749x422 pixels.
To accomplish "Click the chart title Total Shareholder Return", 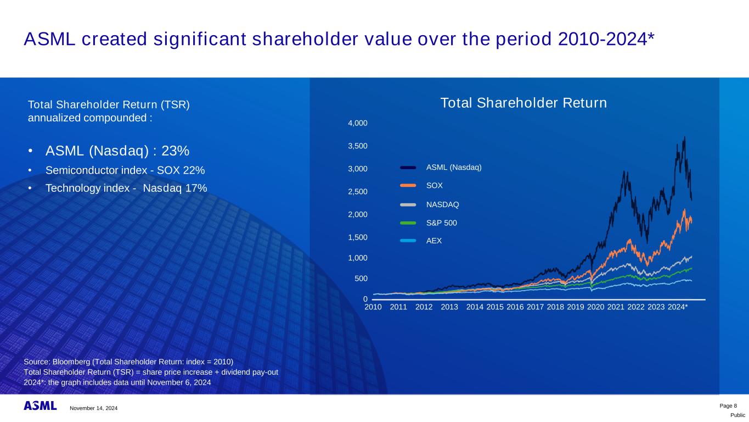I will click(x=523, y=103).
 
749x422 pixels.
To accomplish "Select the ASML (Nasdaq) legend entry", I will click(x=454, y=167).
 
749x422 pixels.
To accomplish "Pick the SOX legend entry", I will click(x=435, y=186).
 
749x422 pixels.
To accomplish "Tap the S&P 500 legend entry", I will click(x=441, y=223).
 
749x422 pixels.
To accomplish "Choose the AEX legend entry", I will click(x=434, y=241).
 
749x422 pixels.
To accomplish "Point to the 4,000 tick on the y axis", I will click(x=358, y=124).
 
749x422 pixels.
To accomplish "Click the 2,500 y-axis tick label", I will click(x=358, y=192).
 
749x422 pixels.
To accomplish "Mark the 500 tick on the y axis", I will click(x=361, y=279).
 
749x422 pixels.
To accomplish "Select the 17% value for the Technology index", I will click(x=196, y=188).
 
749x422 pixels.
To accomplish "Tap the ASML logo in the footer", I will click(x=40, y=406).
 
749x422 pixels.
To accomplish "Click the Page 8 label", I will click(x=728, y=406).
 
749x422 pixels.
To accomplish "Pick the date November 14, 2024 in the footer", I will click(x=93, y=408).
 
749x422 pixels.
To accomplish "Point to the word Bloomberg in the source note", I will click(x=70, y=361).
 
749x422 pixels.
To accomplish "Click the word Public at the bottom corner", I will click(x=737, y=415).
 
